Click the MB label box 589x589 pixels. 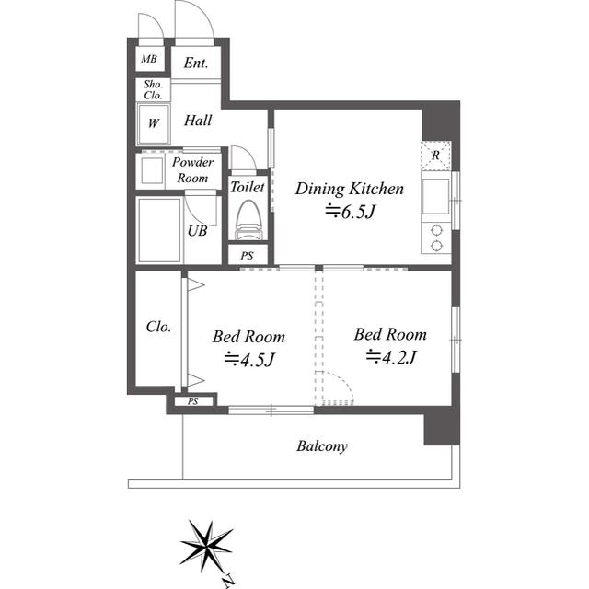148,62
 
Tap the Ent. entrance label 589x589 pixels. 195,64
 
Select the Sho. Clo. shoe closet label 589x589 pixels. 152,89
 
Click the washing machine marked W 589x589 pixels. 152,122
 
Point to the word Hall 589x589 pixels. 198,121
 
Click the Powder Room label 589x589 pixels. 193,169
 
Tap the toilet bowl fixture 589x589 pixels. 248,221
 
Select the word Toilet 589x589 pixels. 248,187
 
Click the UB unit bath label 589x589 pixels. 197,231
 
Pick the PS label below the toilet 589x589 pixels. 248,255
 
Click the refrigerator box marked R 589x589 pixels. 435,156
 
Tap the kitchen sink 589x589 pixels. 433,196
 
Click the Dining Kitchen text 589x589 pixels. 349,190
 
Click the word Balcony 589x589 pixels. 321,446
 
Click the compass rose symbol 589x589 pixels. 206,547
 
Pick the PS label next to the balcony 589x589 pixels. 192,401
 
